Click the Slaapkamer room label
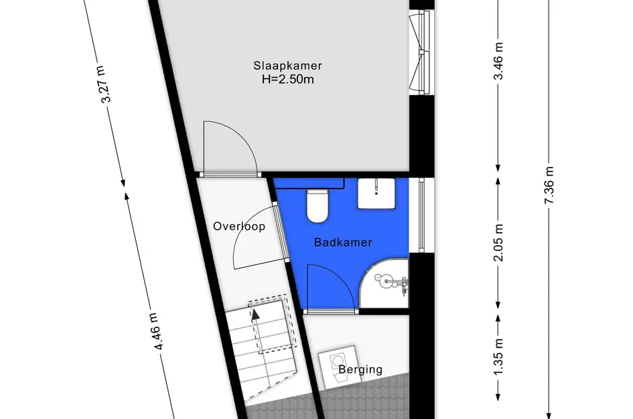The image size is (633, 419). coord(287,66)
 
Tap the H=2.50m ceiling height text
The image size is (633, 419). coord(287,79)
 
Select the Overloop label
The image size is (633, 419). coord(239,227)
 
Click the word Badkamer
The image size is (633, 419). coord(343,243)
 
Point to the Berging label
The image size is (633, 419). coord(360,369)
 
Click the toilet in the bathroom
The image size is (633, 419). coord(318,206)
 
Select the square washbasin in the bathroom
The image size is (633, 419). coord(376,194)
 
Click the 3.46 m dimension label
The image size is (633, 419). coord(498,60)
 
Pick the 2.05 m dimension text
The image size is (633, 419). coord(498,243)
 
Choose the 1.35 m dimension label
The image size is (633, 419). coord(498,357)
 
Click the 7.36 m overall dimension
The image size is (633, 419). coord(549,185)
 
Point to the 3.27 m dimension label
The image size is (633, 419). coord(104,84)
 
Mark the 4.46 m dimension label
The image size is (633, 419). coord(157,331)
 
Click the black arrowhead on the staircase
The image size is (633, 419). coord(255,314)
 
